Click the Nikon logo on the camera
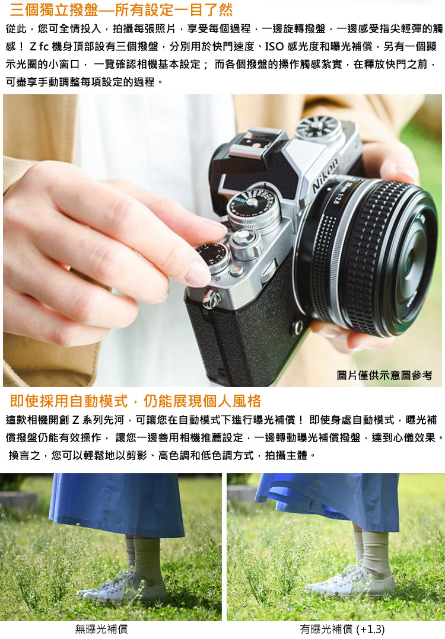[326, 175]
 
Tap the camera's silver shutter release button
[244, 239]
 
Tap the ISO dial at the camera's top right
[319, 128]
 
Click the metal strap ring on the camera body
[211, 299]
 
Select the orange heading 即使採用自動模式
[135, 401]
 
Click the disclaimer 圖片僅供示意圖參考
[384, 375]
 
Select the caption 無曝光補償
[101, 629]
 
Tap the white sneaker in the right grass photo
[350, 582]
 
